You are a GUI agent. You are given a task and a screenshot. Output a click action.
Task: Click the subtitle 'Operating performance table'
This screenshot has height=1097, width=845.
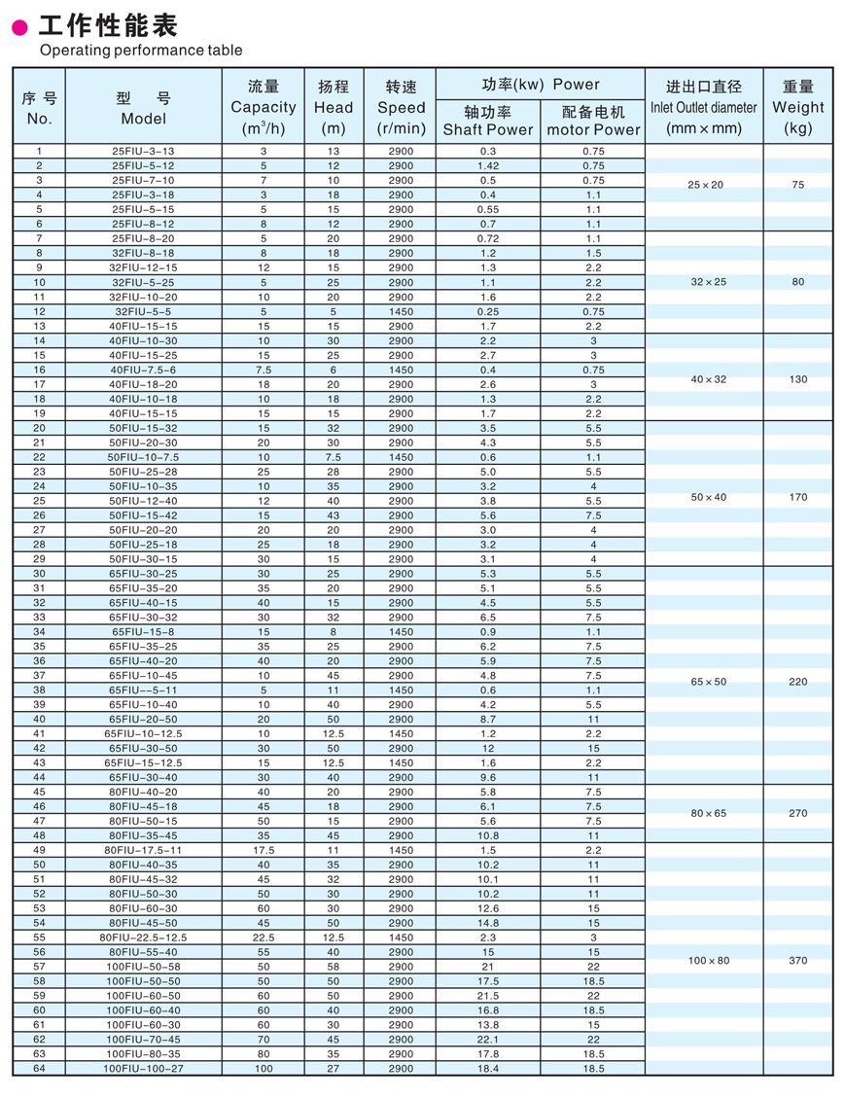pyautogui.click(x=141, y=51)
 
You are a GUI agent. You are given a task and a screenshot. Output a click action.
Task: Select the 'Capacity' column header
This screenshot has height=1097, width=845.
pyautogui.click(x=263, y=107)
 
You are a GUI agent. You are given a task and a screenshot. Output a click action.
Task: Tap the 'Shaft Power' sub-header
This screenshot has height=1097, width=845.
pyautogui.click(x=488, y=129)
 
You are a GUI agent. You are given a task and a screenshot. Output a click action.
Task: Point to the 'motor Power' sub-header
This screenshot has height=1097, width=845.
pyautogui.click(x=593, y=129)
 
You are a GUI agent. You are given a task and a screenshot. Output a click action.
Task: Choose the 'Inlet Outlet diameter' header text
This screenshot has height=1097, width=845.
pyautogui.click(x=703, y=107)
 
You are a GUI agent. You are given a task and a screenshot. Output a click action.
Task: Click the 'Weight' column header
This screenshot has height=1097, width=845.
pyautogui.click(x=797, y=107)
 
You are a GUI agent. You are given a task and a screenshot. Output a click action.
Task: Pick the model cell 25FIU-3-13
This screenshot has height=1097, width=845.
pyautogui.click(x=143, y=152)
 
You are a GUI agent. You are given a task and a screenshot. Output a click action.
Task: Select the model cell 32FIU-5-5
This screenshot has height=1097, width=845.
pyautogui.click(x=143, y=311)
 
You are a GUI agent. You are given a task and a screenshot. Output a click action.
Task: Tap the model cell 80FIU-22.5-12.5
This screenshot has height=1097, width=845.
pyautogui.click(x=143, y=938)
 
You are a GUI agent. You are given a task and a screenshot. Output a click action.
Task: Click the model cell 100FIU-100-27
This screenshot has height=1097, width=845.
pyautogui.click(x=143, y=1069)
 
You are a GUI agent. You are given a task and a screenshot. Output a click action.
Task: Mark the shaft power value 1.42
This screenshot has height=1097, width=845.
pyautogui.click(x=488, y=166)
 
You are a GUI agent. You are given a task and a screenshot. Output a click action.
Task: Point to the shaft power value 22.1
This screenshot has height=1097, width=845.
pyautogui.click(x=488, y=1040)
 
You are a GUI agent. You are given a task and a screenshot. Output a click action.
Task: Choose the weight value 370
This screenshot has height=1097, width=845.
pyautogui.click(x=797, y=961)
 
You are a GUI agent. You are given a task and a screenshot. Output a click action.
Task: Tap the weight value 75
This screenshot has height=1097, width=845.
pyautogui.click(x=797, y=185)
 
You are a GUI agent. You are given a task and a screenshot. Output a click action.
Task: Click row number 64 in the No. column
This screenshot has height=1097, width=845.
pyautogui.click(x=39, y=1069)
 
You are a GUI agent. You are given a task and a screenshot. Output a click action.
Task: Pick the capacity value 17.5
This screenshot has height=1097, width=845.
pyautogui.click(x=263, y=850)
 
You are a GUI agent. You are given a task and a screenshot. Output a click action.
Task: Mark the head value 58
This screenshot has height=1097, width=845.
pyautogui.click(x=334, y=967)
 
